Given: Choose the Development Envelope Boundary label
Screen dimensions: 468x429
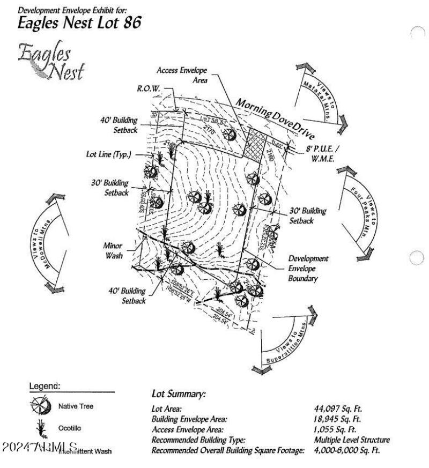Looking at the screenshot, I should (308, 269).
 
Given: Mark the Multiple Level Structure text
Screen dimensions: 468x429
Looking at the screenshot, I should (352, 440).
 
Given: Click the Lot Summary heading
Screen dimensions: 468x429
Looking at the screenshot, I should (179, 395).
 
